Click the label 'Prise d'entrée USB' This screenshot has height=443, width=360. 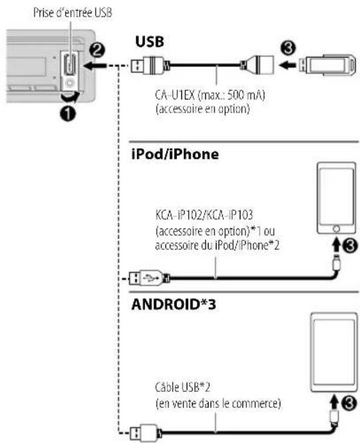click(72, 13)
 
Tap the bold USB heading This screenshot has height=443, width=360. click(149, 42)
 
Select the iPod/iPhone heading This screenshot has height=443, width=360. click(175, 155)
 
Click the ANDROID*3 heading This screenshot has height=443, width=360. click(174, 305)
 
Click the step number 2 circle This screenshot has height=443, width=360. click(97, 51)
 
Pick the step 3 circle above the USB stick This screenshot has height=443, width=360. click(288, 48)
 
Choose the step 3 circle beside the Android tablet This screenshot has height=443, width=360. click(349, 403)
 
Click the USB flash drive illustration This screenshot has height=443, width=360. click(327, 65)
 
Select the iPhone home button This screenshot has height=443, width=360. click(336, 229)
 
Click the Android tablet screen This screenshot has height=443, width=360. click(334, 352)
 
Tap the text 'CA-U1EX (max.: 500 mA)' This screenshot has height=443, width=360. click(210, 95)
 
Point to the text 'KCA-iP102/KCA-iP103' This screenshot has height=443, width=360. click(204, 215)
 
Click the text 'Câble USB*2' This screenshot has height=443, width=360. click(183, 387)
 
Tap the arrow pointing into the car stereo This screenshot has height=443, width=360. click(95, 66)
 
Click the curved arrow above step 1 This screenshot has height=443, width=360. click(70, 98)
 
